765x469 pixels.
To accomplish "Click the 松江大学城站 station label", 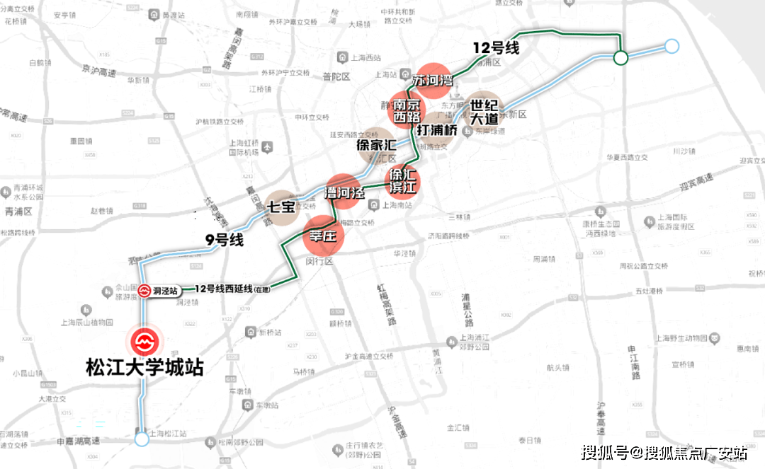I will pyautogui.click(x=144, y=368).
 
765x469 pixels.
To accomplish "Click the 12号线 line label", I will pyautogui.click(x=497, y=49).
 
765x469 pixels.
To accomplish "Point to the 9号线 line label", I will pyautogui.click(x=225, y=240).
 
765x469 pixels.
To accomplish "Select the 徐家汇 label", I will pyautogui.click(x=375, y=145).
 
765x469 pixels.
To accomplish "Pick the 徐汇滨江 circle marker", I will pyautogui.click(x=402, y=181).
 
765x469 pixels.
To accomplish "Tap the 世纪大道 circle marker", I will pyautogui.click(x=483, y=112).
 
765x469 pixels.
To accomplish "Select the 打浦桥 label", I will pyautogui.click(x=436, y=130).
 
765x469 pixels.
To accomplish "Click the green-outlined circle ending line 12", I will pyautogui.click(x=620, y=58).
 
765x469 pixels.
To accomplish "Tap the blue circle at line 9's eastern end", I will pyautogui.click(x=671, y=47).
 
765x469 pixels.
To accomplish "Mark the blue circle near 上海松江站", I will pyautogui.click(x=142, y=440).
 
